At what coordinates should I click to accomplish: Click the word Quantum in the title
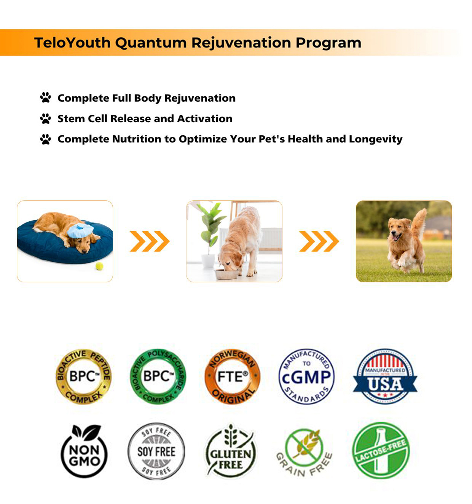coord(151,43)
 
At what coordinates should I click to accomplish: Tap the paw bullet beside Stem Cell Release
coord(45,118)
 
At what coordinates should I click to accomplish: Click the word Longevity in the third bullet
coord(376,139)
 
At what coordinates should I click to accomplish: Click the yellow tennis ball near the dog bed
coord(99,266)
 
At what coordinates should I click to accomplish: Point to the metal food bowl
coord(226,274)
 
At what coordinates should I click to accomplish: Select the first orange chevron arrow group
coord(150,242)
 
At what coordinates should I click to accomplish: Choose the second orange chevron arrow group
coord(319,242)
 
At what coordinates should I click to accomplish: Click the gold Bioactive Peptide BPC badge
coord(83,376)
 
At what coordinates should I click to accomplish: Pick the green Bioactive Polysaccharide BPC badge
coord(158,376)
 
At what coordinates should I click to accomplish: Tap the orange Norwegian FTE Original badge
coord(232,376)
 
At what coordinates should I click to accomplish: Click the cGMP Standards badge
coord(306,376)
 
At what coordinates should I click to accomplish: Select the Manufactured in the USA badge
coord(385,376)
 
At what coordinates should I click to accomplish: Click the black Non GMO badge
coord(84,451)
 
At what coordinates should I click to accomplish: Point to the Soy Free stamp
coord(156,451)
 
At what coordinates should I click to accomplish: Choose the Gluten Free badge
coord(231,451)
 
